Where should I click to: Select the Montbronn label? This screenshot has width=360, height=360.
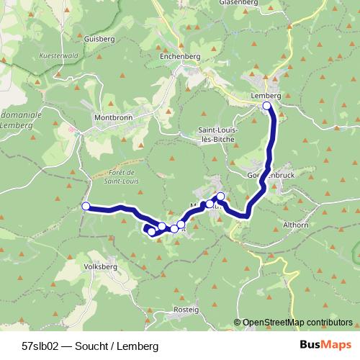pos(112,117)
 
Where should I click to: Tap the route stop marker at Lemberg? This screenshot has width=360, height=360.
pos(267,106)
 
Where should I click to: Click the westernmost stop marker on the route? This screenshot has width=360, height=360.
pos(86,207)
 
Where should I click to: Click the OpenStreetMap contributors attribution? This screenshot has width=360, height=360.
pos(297,323)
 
